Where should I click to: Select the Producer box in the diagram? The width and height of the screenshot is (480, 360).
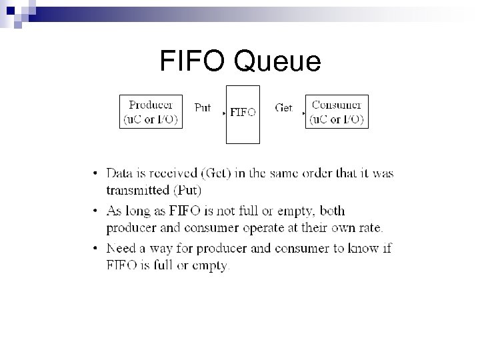point(151,113)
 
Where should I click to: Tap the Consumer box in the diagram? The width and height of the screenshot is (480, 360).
point(337,112)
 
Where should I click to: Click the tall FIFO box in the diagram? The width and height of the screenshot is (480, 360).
point(242,127)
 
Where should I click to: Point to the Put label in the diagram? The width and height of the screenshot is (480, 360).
point(203,107)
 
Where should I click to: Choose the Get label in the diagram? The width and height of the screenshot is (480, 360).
point(284,107)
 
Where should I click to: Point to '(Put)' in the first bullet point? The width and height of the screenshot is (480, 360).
point(187,190)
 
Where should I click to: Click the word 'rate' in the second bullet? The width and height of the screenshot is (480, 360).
point(371,228)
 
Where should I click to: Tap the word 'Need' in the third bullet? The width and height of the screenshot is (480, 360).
point(121,249)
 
